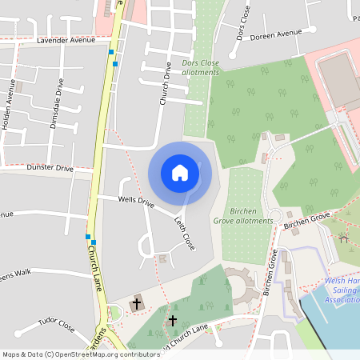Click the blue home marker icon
pyautogui.click(x=180, y=172)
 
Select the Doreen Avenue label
pyautogui.click(x=275, y=34)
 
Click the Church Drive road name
pyautogui.click(x=166, y=84)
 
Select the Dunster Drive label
pyautogui.click(x=50, y=168)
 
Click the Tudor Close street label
pyautogui.click(x=55, y=327)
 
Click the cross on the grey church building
pyautogui.click(x=137, y=304)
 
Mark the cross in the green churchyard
pyautogui.click(x=172, y=320)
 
